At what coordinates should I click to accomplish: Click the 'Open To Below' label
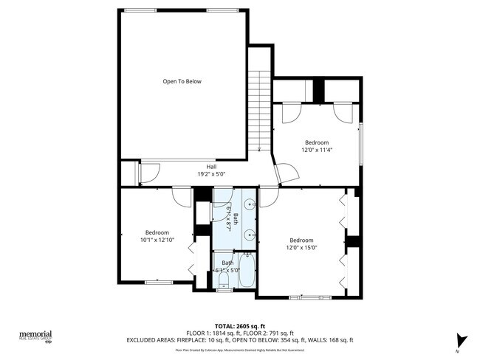pos(182,81)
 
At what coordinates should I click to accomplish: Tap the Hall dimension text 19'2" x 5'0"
pos(211,174)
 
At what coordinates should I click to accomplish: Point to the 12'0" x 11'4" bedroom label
pos(317,150)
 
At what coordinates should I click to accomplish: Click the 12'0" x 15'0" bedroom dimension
pos(301,248)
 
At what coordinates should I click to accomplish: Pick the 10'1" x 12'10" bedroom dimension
pos(157,240)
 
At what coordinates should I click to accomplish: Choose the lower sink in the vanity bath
pos(251,235)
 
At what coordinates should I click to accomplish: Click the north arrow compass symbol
pos(461,340)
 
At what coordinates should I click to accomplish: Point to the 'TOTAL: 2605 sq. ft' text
pos(239,325)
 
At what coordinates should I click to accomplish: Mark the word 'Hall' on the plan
pos(211,167)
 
